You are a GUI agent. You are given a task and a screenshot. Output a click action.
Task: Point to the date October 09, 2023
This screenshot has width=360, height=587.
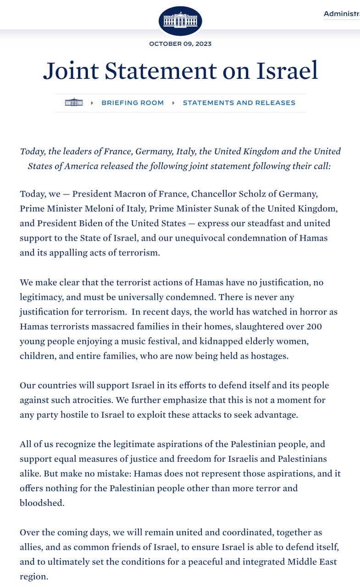click(x=180, y=44)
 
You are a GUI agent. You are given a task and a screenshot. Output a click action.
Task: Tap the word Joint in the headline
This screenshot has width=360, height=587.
click(x=71, y=71)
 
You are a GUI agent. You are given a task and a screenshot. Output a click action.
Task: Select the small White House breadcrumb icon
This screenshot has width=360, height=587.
click(x=74, y=103)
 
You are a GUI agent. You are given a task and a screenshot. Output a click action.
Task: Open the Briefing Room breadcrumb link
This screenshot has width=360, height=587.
click(x=133, y=103)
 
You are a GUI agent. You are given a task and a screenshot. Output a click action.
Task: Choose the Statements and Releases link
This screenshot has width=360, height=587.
click(x=239, y=103)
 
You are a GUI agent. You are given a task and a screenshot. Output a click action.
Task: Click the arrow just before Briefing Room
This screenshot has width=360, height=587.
click(x=92, y=103)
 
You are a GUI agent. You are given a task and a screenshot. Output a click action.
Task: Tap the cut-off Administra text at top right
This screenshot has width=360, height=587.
click(x=341, y=14)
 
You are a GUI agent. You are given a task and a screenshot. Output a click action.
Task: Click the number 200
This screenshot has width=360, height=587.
click(x=328, y=327)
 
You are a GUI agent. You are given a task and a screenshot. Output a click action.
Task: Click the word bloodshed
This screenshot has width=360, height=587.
click(x=41, y=503)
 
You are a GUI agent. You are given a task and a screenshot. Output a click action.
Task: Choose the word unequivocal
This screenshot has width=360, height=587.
click(x=190, y=238)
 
